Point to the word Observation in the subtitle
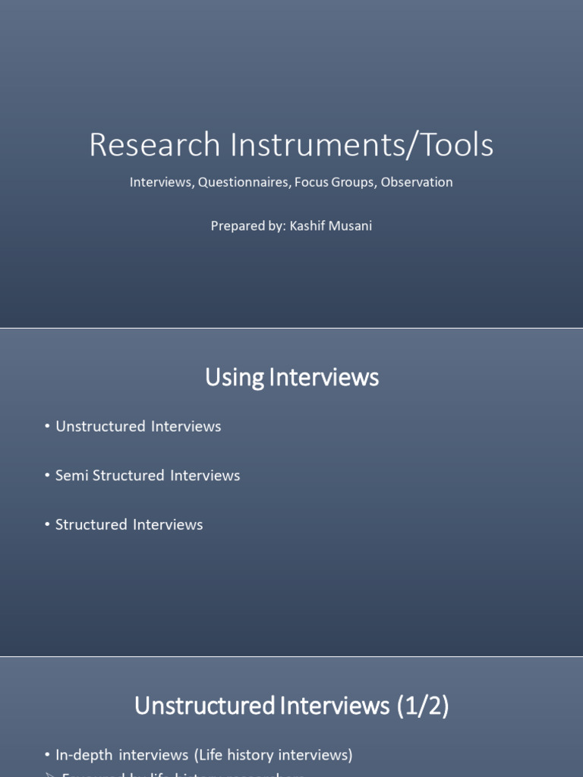417,182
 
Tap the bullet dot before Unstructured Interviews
47,427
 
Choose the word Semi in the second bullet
72,476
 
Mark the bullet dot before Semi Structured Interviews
47,477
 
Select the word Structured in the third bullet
91,525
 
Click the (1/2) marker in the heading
422,706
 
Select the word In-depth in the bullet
84,755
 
